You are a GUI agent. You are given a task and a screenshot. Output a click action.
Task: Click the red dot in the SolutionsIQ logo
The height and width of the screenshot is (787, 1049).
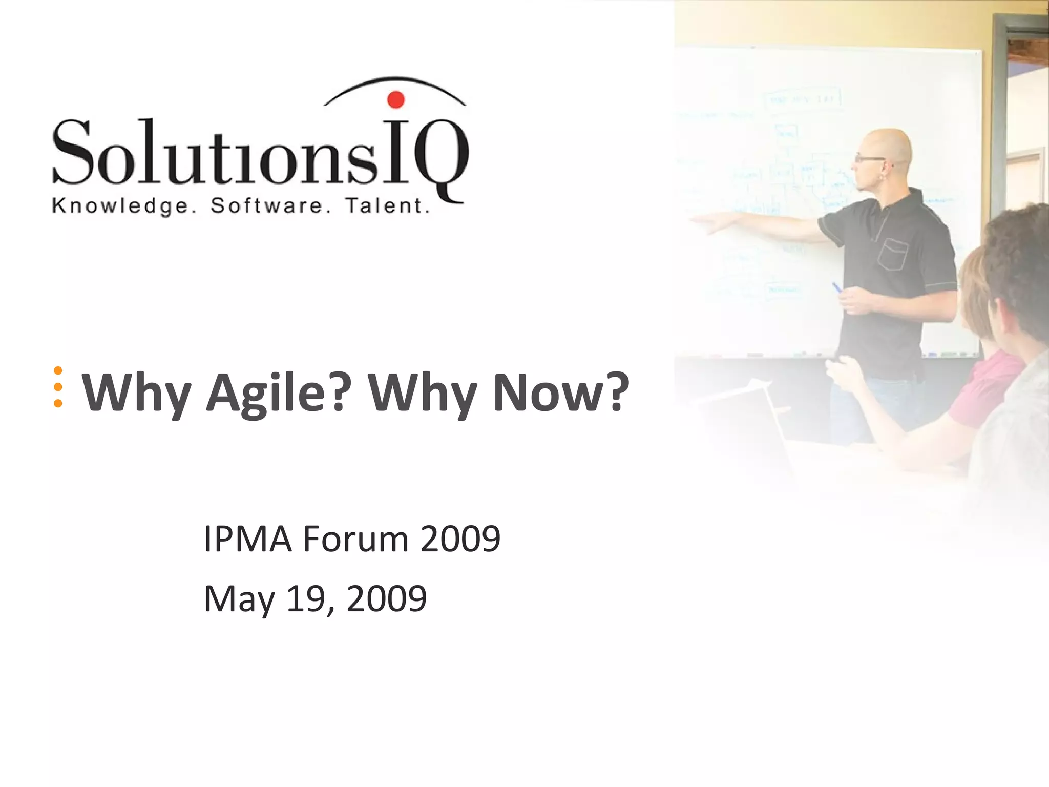(x=395, y=99)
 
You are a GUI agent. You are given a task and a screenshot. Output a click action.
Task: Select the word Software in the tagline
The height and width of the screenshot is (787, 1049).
(x=267, y=206)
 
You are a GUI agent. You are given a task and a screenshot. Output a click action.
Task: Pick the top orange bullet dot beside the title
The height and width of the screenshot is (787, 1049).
(x=58, y=370)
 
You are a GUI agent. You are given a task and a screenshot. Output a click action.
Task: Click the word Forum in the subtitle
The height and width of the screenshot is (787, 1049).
(x=355, y=539)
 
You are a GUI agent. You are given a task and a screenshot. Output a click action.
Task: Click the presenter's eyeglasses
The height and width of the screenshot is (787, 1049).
(x=869, y=159)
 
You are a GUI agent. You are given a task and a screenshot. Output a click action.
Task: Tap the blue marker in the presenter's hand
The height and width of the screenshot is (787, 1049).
(x=837, y=287)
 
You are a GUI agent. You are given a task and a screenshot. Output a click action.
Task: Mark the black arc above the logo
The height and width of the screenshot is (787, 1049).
(x=394, y=82)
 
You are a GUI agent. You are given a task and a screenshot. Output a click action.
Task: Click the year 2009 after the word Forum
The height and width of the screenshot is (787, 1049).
(x=460, y=539)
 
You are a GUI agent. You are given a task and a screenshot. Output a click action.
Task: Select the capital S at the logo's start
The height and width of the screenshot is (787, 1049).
(x=72, y=152)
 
